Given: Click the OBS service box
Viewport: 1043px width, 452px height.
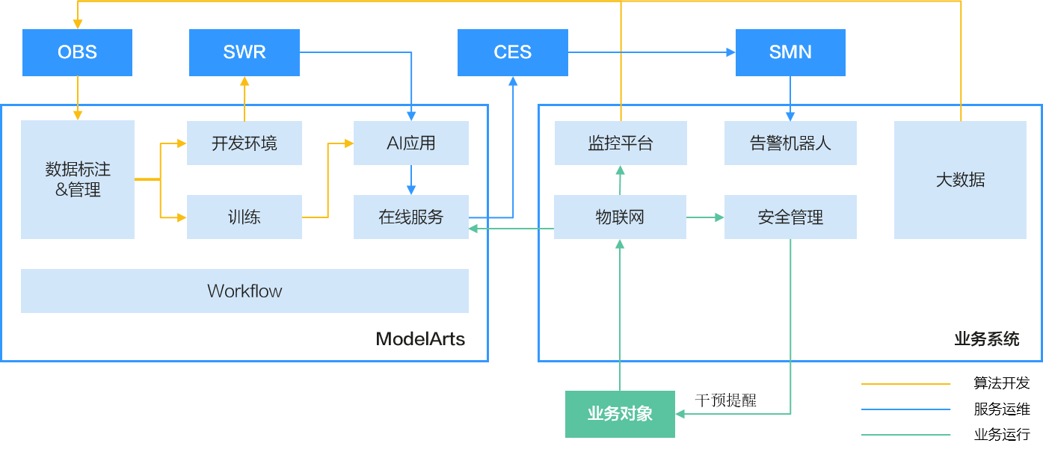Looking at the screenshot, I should [77, 52].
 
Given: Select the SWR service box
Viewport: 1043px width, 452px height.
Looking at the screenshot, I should [244, 52].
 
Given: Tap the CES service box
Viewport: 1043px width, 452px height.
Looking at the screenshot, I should [512, 52].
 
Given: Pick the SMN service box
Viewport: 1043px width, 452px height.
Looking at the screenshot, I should [790, 52].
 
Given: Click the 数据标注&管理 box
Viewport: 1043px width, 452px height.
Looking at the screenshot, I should [78, 179].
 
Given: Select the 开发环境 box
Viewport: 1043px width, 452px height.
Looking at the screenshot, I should [244, 143].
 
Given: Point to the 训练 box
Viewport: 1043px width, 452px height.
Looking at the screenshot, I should [244, 217].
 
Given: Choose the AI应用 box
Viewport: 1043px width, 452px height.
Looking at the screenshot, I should [410, 143].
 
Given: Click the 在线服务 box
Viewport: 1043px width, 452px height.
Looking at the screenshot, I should [410, 217].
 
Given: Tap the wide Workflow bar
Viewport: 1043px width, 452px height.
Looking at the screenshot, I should [244, 291].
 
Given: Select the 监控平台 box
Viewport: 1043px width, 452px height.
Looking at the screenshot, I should [621, 143].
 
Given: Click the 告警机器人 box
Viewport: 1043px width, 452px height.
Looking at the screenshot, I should [790, 143].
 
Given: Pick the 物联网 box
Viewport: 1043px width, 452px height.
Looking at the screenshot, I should [620, 217].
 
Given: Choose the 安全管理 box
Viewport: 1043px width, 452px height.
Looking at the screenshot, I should [790, 217].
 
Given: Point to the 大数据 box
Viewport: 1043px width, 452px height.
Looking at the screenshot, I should [960, 179].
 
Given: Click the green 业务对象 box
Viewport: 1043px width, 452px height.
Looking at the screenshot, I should [620, 414].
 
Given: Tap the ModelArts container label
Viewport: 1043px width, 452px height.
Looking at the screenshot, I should [420, 339].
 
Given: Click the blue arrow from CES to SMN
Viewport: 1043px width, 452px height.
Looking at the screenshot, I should [650, 52].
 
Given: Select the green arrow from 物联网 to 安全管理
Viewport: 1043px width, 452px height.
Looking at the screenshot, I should [705, 217].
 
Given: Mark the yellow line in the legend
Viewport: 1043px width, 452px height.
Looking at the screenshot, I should [905, 384].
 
